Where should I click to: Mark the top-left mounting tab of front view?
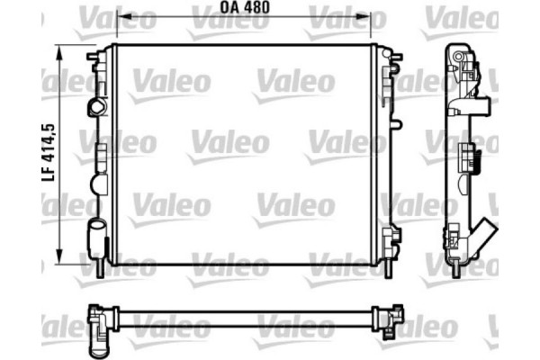coord(94,58)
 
